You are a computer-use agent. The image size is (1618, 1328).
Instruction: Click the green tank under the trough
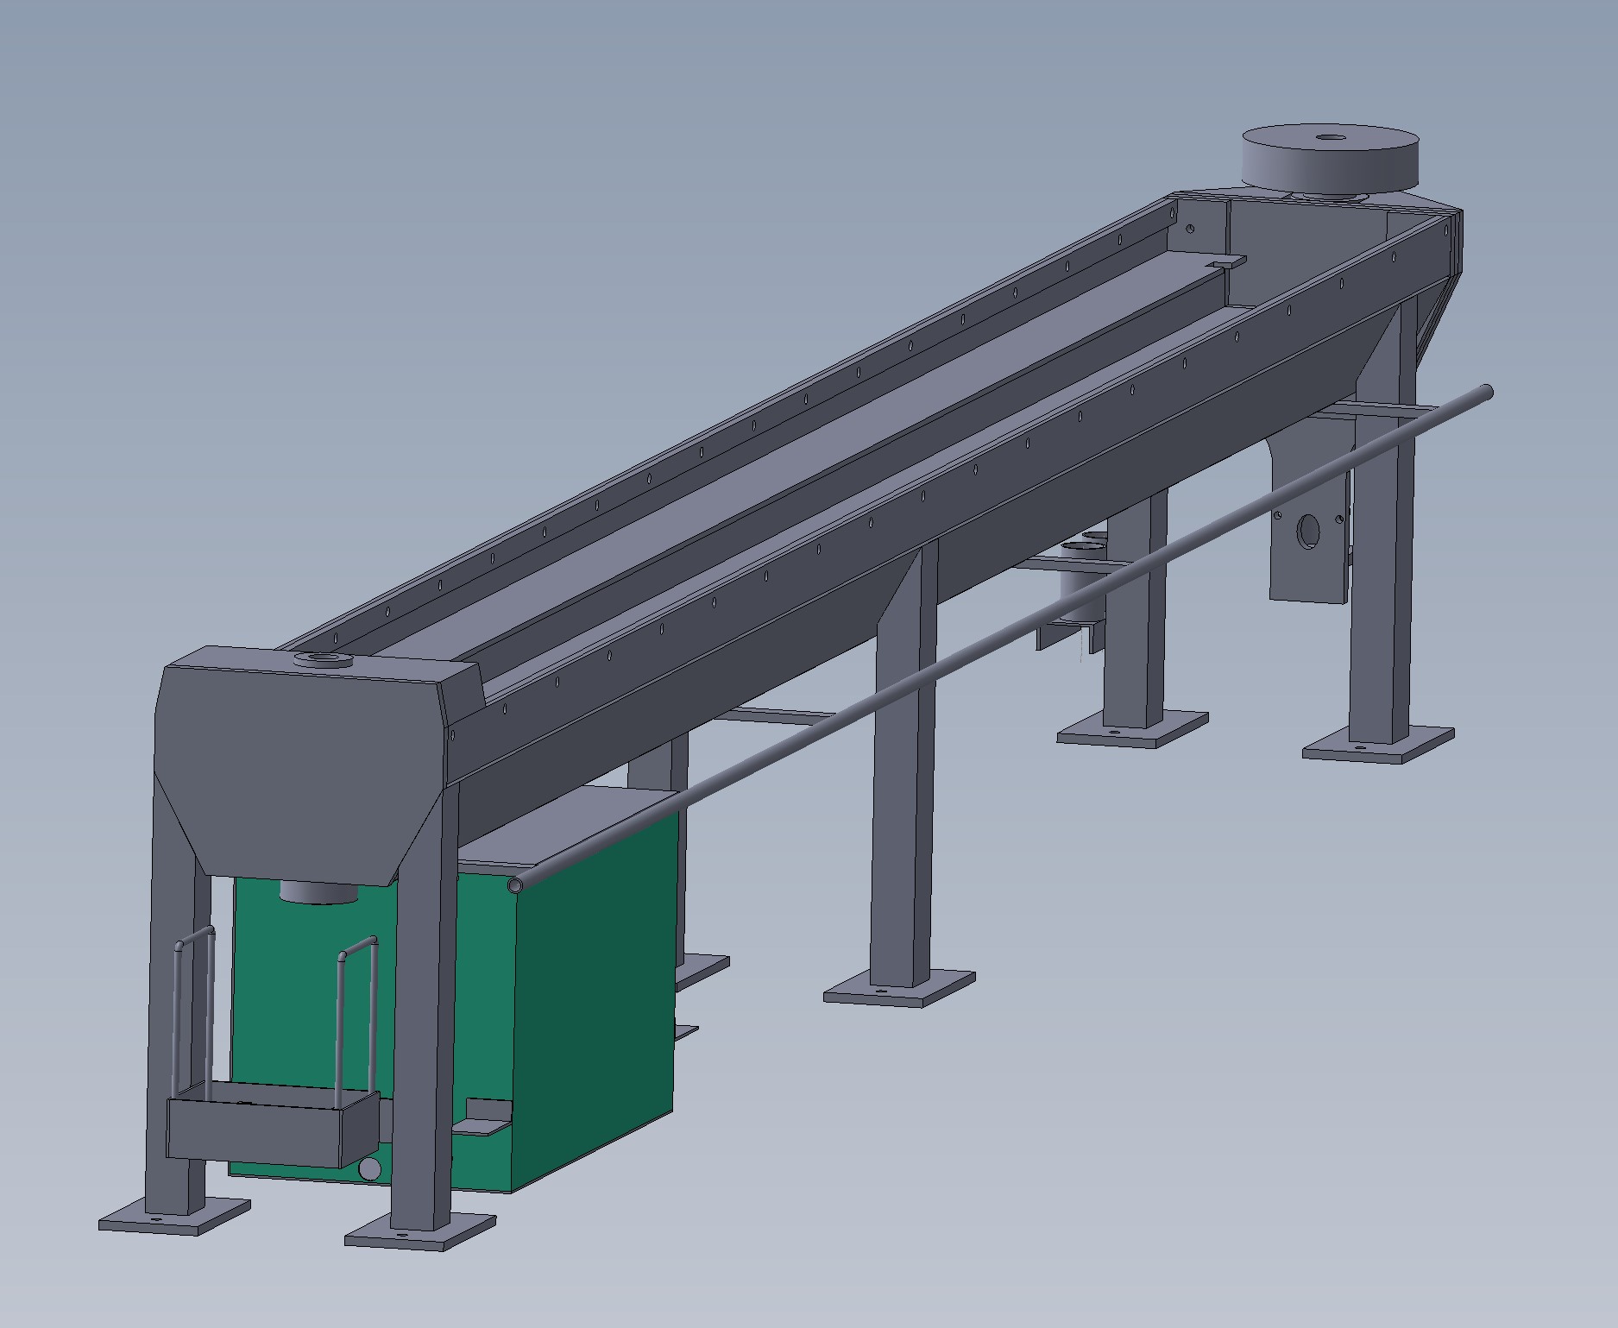tap(587, 992)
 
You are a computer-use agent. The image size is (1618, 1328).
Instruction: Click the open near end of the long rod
tap(517, 885)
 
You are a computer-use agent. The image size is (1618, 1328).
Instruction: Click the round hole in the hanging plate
tap(1308, 532)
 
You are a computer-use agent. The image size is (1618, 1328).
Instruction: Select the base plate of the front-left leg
tap(173, 1216)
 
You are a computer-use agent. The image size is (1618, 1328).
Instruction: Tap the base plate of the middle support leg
tap(897, 988)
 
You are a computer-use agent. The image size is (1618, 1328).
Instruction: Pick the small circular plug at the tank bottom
tap(369, 1169)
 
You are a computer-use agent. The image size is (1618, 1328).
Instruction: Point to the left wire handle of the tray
tap(193, 1010)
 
